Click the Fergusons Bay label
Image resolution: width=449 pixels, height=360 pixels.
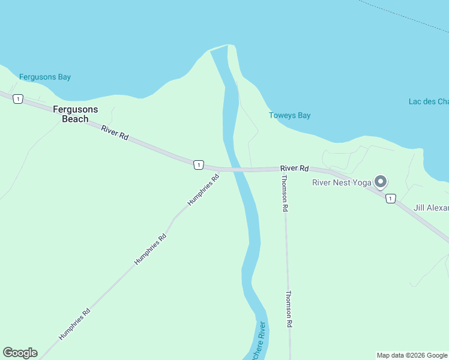(45, 77)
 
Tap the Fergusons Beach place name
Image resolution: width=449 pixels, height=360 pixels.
(75, 114)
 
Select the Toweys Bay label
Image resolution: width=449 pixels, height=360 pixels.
(290, 115)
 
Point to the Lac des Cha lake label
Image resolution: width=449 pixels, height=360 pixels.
(428, 101)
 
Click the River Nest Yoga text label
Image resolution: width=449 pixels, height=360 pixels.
(342, 183)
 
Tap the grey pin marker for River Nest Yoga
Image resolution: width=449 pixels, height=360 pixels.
(380, 181)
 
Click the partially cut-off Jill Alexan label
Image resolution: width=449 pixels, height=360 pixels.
(431, 208)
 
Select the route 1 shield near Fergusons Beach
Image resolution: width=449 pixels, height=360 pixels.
(19, 99)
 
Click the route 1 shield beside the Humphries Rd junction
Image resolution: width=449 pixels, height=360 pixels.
(198, 164)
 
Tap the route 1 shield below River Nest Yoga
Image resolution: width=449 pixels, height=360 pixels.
(391, 199)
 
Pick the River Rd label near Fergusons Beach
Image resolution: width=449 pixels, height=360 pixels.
(115, 133)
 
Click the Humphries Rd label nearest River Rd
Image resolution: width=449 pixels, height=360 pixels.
(203, 190)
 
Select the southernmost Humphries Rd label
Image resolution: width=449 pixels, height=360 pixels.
(74, 324)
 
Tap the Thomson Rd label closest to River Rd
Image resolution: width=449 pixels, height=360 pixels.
(285, 193)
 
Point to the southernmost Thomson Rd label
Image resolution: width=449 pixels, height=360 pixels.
(289, 308)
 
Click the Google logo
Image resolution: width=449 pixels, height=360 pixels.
(20, 353)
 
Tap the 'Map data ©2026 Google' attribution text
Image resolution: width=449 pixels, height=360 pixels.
(412, 355)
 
